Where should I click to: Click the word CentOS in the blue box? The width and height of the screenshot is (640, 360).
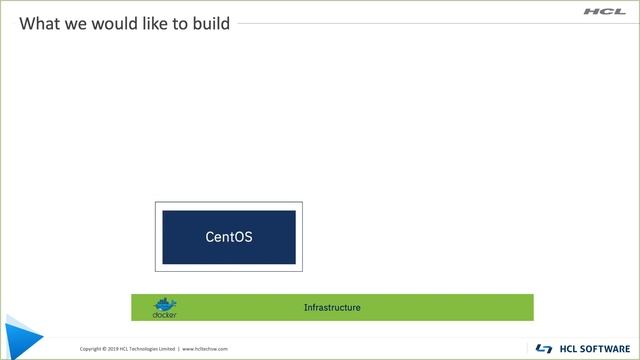point(229,238)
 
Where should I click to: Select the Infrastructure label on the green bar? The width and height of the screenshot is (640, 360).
point(332,307)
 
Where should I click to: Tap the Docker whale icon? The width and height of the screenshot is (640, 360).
point(165,303)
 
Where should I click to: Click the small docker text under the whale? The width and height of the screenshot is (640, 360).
point(165,315)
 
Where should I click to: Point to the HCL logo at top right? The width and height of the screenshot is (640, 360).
point(605,12)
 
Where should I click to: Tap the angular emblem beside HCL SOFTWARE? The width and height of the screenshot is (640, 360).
point(544,348)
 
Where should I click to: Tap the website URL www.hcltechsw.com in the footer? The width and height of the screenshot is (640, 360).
point(205,349)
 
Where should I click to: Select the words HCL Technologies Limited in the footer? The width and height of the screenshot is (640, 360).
point(148,349)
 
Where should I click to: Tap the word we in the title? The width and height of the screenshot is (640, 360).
point(78,23)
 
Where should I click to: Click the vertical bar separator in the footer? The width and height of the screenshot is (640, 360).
point(178,349)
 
